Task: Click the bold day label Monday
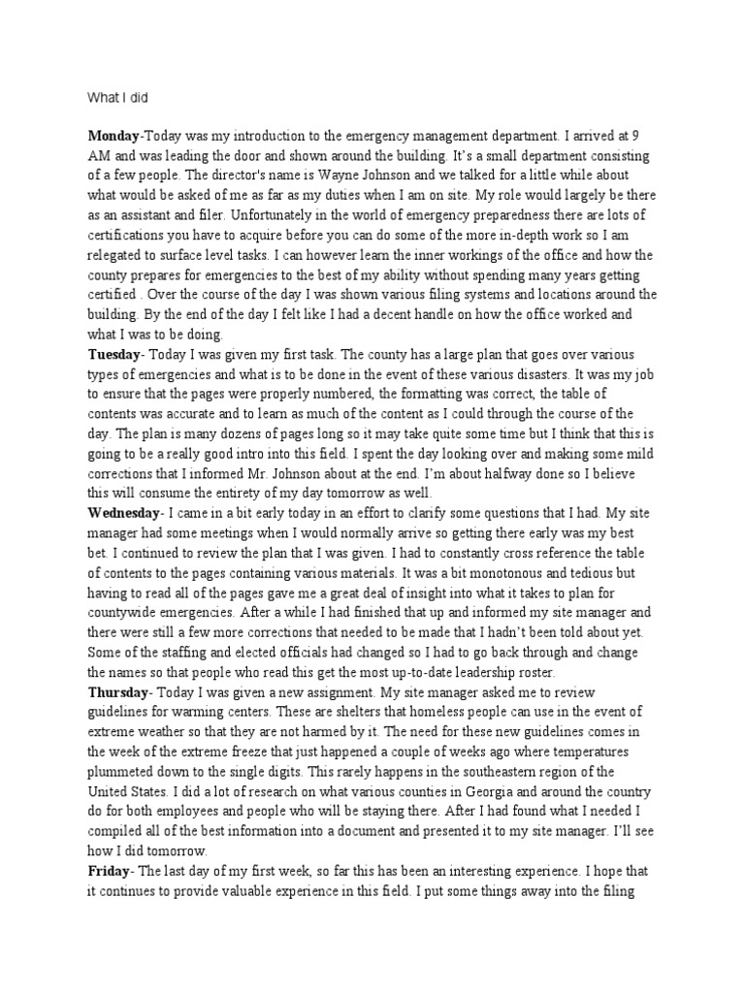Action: [113, 138]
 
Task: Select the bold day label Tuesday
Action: [114, 354]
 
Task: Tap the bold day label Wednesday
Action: [125, 512]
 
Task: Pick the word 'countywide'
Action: [124, 611]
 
